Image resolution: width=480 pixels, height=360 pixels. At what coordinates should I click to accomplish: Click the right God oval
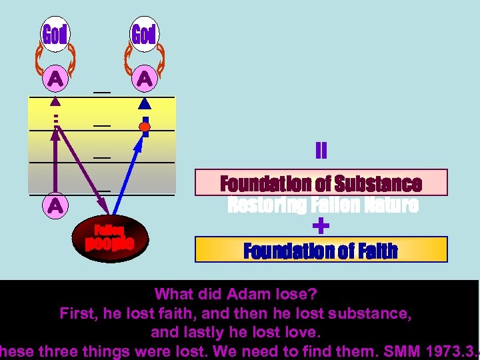pyautogui.click(x=144, y=34)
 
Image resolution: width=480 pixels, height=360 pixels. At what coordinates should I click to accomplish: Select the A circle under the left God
pyautogui.click(x=55, y=79)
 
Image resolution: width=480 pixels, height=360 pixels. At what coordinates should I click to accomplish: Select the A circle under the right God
pyautogui.click(x=144, y=79)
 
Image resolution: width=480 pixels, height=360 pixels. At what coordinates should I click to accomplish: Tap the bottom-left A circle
pyautogui.click(x=55, y=206)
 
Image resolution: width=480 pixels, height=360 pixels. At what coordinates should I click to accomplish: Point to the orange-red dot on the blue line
pyautogui.click(x=143, y=126)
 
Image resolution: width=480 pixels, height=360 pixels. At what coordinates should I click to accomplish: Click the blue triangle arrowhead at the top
pyautogui.click(x=145, y=103)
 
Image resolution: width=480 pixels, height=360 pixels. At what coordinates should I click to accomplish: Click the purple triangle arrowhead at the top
pyautogui.click(x=56, y=102)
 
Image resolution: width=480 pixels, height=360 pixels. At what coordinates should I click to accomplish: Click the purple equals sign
pyautogui.click(x=321, y=151)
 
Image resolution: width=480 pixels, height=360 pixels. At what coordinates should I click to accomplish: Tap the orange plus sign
pyautogui.click(x=321, y=227)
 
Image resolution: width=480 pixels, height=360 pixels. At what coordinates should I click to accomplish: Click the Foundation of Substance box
pyautogui.click(x=321, y=183)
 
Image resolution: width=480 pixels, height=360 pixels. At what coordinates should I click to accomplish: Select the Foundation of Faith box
pyautogui.click(x=321, y=251)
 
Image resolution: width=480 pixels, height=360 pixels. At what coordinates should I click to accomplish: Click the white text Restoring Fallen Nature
pyautogui.click(x=323, y=205)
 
